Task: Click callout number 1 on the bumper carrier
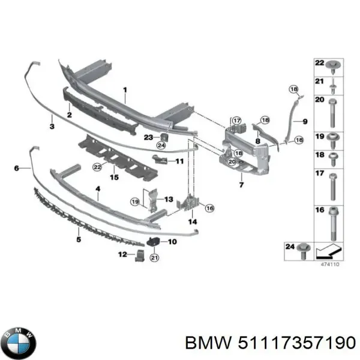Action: [x=125, y=92]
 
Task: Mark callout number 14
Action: [x=193, y=221]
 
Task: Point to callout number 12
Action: [x=122, y=254]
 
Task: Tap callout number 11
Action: [x=179, y=161]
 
